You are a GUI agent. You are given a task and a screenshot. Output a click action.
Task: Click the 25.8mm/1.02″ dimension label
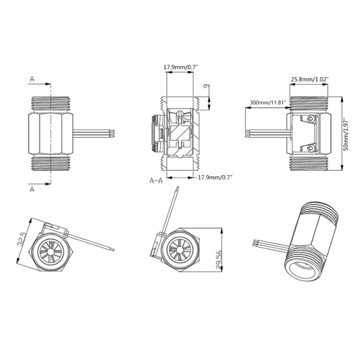click(310, 79)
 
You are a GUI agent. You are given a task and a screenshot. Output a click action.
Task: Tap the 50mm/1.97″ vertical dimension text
click(346, 135)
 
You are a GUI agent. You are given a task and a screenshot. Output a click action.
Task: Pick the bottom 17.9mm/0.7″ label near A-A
click(215, 178)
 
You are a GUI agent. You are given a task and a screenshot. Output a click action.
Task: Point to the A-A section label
click(156, 180)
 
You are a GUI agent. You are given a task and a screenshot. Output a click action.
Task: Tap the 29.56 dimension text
click(219, 260)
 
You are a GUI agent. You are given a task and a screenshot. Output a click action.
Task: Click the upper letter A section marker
click(32, 79)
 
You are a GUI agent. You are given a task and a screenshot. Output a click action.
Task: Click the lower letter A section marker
click(32, 189)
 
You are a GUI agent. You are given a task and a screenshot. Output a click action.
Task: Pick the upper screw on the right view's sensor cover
click(311, 119)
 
